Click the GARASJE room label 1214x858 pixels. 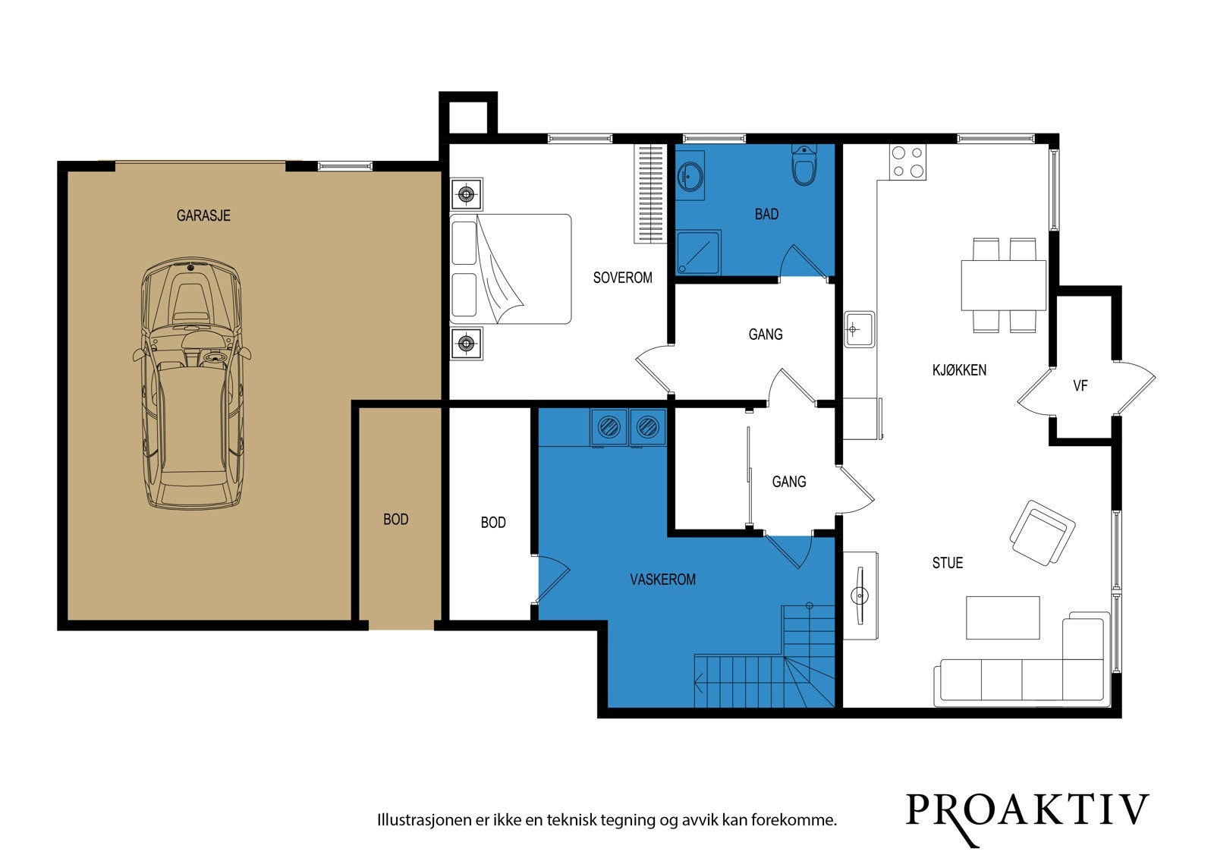(x=203, y=215)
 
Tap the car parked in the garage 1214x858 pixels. (x=191, y=382)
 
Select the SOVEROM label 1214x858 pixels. (x=623, y=278)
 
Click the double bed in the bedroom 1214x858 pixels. (x=511, y=269)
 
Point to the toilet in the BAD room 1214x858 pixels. (x=804, y=165)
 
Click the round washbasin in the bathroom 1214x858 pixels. (x=690, y=175)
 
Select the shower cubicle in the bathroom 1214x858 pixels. (x=698, y=253)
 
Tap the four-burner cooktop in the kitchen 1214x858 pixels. (x=907, y=162)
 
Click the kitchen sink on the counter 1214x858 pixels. (x=859, y=329)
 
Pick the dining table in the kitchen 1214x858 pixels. (x=1004, y=285)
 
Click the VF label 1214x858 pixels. (x=1080, y=386)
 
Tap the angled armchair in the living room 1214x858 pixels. (x=1043, y=533)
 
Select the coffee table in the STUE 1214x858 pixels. (x=1002, y=618)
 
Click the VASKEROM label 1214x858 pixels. (x=663, y=580)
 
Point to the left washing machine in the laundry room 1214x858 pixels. (x=609, y=427)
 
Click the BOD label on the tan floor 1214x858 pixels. (x=395, y=519)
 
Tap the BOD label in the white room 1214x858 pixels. (x=493, y=523)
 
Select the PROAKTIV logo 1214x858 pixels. (x=1027, y=816)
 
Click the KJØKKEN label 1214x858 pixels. (x=959, y=370)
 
